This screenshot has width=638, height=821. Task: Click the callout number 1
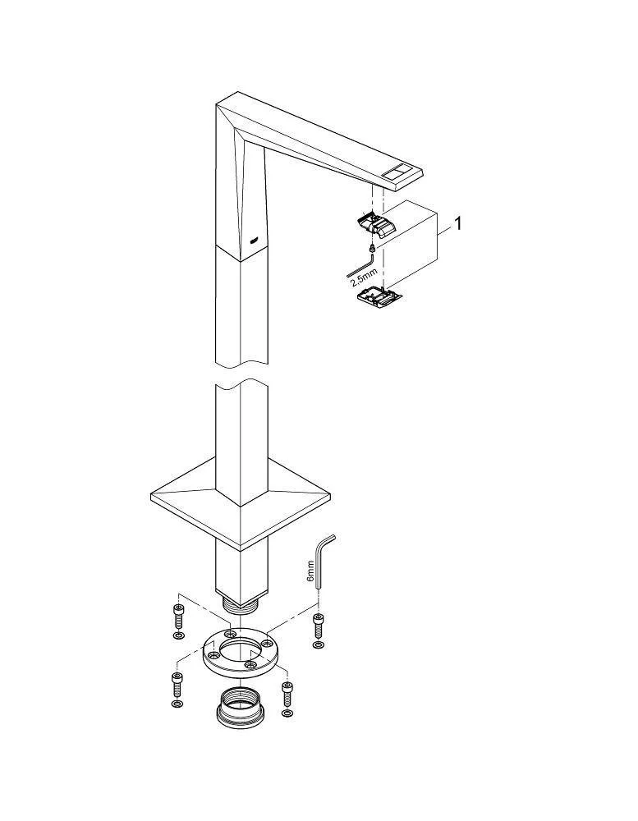click(x=458, y=223)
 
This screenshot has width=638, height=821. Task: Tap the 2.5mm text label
click(x=364, y=276)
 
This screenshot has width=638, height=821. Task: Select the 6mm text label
click(x=310, y=571)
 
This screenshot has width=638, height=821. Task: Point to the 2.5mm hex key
click(x=361, y=265)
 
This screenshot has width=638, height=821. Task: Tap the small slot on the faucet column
click(x=254, y=241)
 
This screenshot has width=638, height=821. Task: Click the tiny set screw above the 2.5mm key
click(x=371, y=247)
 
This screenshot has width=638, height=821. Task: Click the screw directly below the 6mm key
click(x=318, y=624)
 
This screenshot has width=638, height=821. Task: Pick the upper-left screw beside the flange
click(x=177, y=616)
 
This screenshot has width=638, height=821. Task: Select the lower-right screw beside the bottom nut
click(x=287, y=693)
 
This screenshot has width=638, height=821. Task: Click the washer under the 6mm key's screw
click(x=318, y=643)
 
